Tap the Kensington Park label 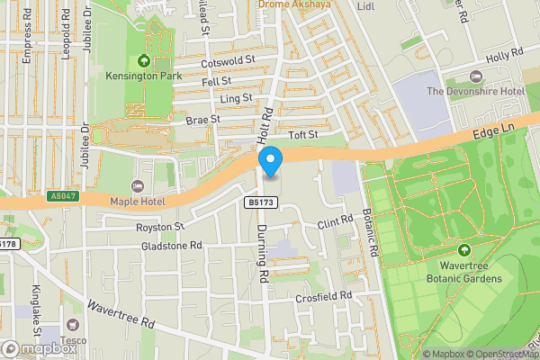(144, 76)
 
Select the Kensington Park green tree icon (144, 61)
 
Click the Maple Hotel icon (137, 185)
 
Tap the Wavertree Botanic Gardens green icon (465, 249)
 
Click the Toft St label (303, 134)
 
